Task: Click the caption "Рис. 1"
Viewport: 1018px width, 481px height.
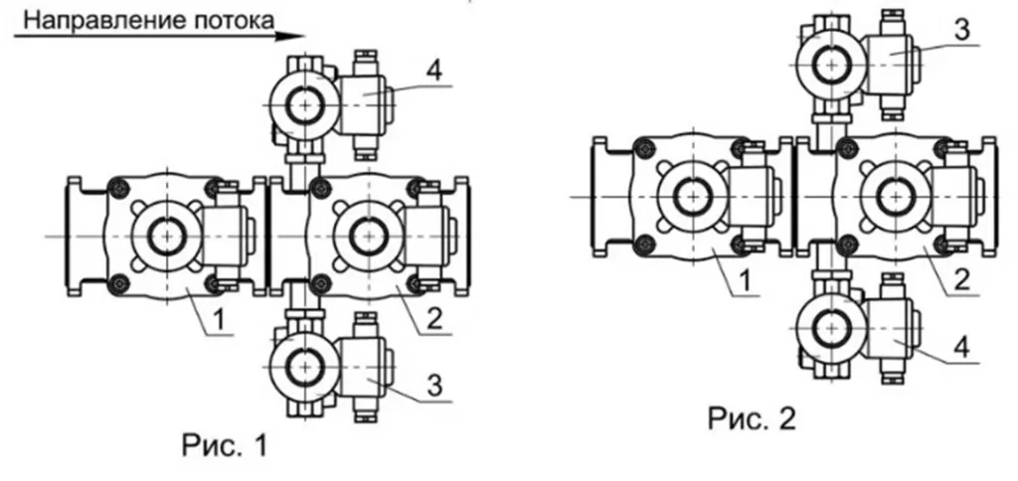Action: click(x=224, y=447)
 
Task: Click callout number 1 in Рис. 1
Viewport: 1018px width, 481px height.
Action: click(x=222, y=319)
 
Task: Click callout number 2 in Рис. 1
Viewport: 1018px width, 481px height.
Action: click(x=434, y=319)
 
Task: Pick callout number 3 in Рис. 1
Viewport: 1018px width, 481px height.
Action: click(x=433, y=385)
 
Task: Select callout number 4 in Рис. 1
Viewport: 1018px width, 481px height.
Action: click(x=433, y=71)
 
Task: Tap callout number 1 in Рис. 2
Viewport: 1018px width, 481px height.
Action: click(x=746, y=280)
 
